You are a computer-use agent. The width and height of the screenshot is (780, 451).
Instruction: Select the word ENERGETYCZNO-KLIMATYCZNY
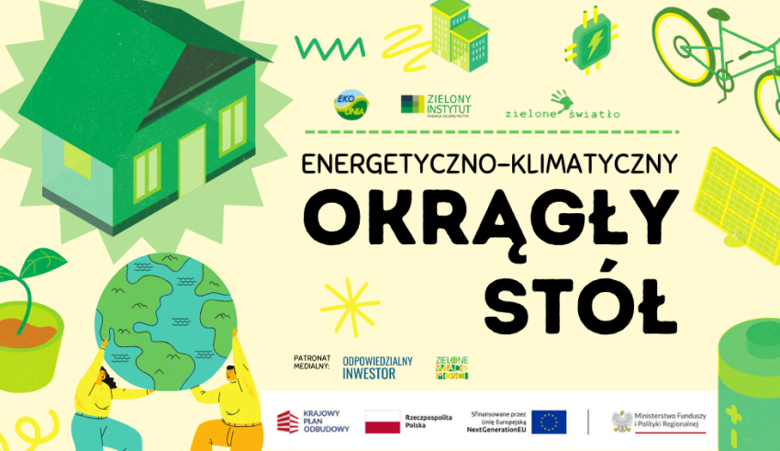coord(489,163)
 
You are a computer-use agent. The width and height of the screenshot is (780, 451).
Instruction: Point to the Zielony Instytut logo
coord(436,105)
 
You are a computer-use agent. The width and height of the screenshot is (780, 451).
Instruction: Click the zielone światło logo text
coord(562,107)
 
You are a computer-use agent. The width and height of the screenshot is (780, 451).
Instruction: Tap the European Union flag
coord(549,422)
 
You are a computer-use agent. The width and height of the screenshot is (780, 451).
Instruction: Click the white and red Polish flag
coord(383,422)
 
